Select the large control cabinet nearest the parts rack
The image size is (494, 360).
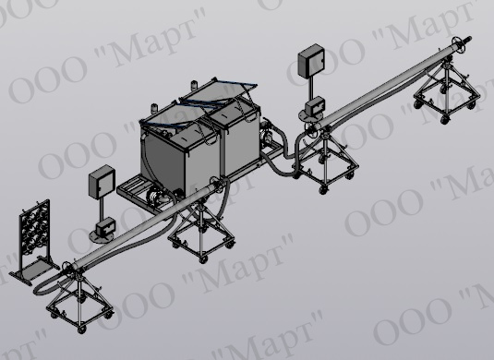tap(102, 182)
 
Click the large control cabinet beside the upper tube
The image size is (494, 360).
tap(311, 61)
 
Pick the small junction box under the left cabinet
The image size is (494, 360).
tap(106, 226)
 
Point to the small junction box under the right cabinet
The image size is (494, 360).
tap(315, 105)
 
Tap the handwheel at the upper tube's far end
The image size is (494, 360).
tap(457, 44)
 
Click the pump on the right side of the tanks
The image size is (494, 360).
tap(266, 132)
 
